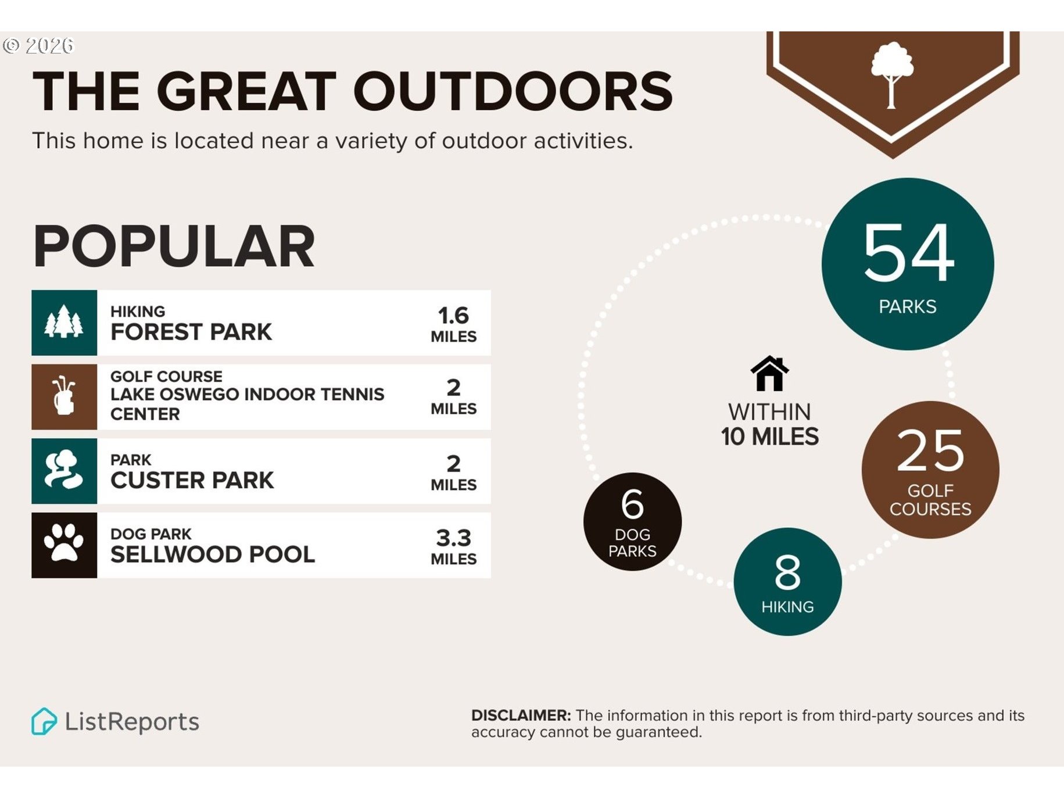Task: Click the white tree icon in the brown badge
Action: click(891, 74)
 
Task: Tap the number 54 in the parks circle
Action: click(908, 253)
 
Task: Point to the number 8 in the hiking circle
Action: click(787, 572)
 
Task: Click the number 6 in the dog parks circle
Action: click(632, 504)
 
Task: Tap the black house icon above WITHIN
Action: click(769, 373)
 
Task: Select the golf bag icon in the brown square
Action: click(64, 396)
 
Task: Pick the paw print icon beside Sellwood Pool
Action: click(64, 542)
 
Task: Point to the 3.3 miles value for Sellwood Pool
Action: click(453, 547)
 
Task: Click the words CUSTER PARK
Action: click(192, 481)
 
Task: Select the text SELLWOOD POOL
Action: click(213, 554)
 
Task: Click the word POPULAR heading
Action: click(174, 246)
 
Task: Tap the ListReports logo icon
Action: click(44, 721)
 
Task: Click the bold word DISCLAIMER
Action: click(521, 715)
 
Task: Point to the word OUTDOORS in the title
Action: click(513, 91)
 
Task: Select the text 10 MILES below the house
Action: click(769, 436)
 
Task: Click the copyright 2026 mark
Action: click(38, 45)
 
